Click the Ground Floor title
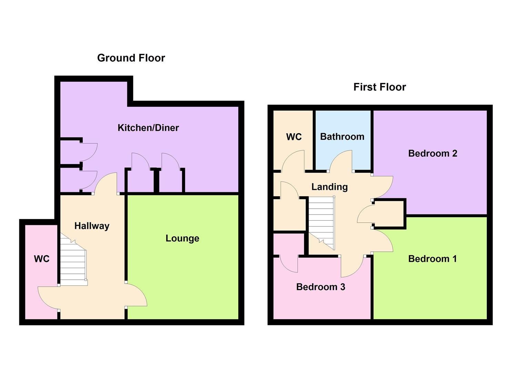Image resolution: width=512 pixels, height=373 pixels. (131, 58)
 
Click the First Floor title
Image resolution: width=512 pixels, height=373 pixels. (380, 87)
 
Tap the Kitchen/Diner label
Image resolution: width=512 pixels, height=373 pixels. (148, 128)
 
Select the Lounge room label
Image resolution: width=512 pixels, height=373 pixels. (182, 238)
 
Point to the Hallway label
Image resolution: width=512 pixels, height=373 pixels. (92, 226)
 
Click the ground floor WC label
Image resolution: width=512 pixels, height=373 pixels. (42, 259)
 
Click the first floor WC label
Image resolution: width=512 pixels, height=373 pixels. (294, 137)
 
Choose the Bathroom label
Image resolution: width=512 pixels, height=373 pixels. (342, 137)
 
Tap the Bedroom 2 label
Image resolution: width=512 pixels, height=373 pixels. (433, 153)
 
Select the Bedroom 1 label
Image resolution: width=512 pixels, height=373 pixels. (432, 259)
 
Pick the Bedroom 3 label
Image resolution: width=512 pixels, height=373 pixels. (321, 287)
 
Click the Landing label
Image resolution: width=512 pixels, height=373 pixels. (330, 187)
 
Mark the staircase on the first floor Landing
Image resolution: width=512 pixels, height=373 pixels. (321, 221)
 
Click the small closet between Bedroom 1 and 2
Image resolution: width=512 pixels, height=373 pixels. (390, 213)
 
